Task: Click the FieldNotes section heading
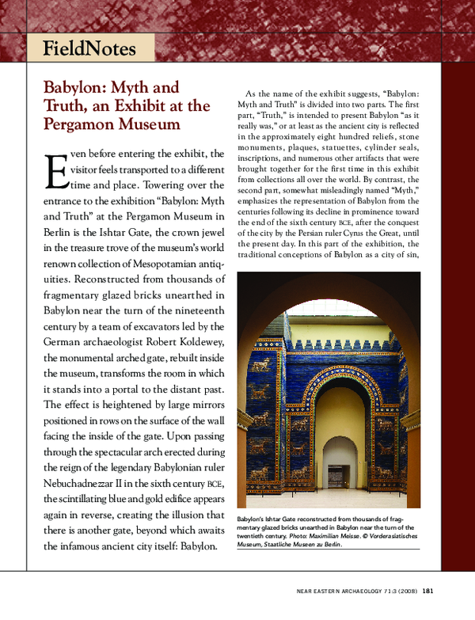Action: pos(89,49)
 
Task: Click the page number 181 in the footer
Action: pos(427,589)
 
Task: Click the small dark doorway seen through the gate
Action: pos(340,476)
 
